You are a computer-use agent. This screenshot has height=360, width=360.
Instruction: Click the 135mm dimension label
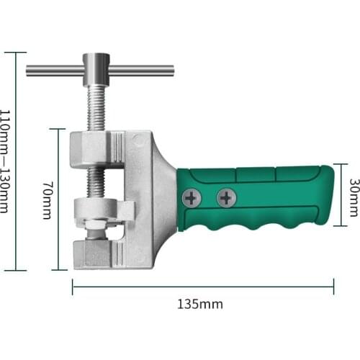[x=200, y=304]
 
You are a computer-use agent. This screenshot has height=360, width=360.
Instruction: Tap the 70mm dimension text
[x=45, y=200]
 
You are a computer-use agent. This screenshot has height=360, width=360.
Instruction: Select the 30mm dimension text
[x=353, y=198]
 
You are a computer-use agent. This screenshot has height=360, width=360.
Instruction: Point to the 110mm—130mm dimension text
[x=5, y=161]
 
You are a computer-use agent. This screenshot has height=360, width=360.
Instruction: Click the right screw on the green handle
[x=226, y=197]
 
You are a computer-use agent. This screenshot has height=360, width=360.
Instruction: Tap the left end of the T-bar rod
[x=30, y=71]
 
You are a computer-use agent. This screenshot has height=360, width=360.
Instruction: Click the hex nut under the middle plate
[x=96, y=232]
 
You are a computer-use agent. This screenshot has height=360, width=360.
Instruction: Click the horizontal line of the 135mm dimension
[x=202, y=287]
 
